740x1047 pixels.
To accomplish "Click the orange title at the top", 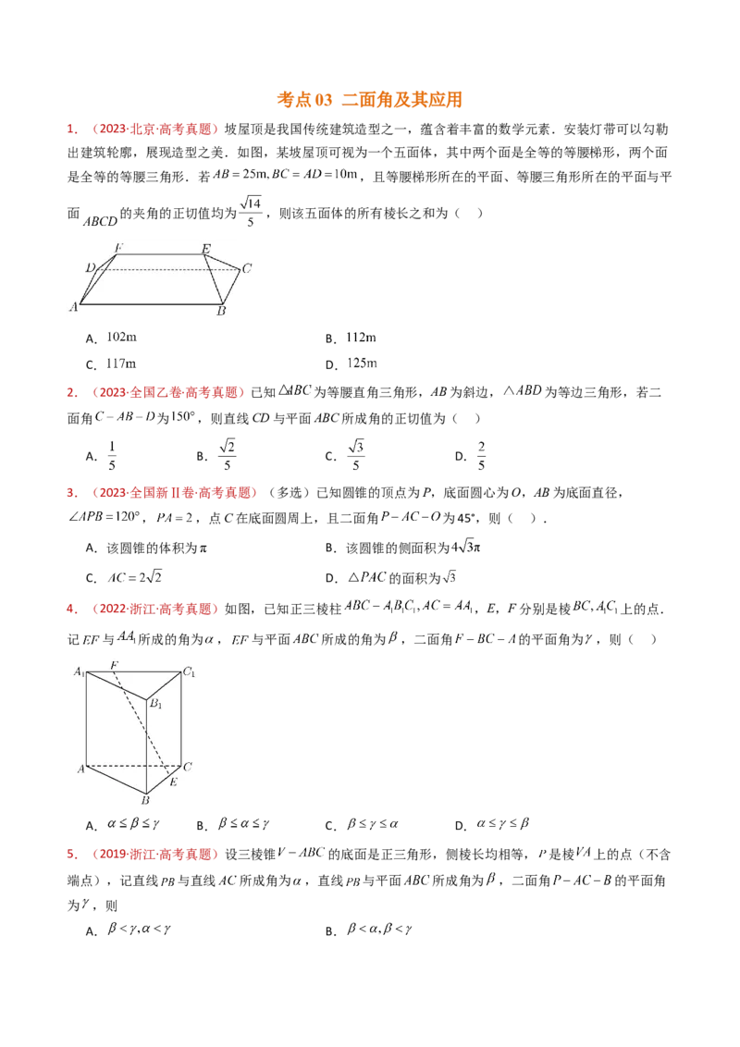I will tap(370, 100).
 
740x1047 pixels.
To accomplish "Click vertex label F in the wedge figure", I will tap(117, 247).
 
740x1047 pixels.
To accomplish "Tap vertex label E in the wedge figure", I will tap(205, 248).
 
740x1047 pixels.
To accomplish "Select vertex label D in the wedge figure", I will tap(90, 267).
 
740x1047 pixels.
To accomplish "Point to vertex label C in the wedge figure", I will tap(247, 269).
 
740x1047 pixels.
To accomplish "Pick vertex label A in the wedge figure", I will tap(73, 306).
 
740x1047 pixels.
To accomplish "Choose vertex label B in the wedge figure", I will tap(221, 312).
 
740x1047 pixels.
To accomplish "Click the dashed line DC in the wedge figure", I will tap(166, 269).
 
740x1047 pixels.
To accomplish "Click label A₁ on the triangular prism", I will tap(80, 671).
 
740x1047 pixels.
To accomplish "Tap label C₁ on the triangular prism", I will tap(189, 672).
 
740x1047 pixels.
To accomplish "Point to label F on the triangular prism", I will tap(113, 665).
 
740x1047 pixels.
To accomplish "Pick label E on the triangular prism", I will tap(173, 782).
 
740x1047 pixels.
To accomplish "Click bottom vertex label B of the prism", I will tap(144, 800).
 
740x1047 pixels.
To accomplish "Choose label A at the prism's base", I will tap(80, 769).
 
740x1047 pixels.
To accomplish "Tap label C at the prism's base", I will tap(188, 767).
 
